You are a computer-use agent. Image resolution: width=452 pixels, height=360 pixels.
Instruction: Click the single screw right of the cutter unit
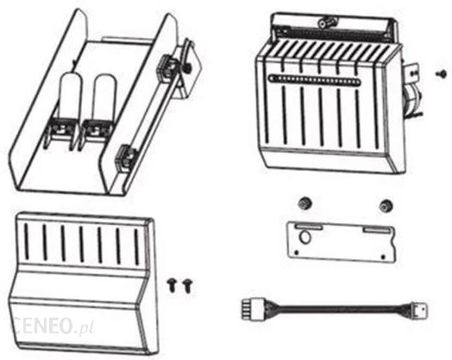(441, 73)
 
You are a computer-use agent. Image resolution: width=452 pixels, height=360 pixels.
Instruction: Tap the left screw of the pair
(172, 286)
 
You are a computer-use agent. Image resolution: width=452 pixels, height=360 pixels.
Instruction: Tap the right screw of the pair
(188, 286)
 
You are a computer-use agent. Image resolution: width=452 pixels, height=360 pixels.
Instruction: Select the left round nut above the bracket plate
(304, 204)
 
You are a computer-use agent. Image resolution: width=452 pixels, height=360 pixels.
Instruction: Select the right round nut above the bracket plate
(386, 205)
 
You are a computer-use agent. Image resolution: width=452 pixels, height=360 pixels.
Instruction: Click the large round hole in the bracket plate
(305, 237)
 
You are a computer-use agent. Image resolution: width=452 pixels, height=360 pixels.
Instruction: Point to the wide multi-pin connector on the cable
(250, 310)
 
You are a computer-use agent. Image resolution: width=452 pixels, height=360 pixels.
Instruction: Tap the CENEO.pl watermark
(52, 326)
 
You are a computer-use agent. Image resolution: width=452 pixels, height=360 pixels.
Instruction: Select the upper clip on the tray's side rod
(167, 67)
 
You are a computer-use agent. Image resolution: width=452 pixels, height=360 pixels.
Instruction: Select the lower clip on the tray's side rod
(126, 158)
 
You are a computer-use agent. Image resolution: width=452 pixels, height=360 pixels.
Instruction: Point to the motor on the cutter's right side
(412, 99)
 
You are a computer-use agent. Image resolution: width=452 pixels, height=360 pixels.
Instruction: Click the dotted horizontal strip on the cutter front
(315, 79)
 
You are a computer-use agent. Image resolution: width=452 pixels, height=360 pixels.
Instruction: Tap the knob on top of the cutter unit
(327, 22)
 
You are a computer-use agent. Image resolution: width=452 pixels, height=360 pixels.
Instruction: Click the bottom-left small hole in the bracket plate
(297, 253)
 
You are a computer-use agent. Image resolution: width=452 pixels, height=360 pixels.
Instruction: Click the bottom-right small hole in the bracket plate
(383, 256)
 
